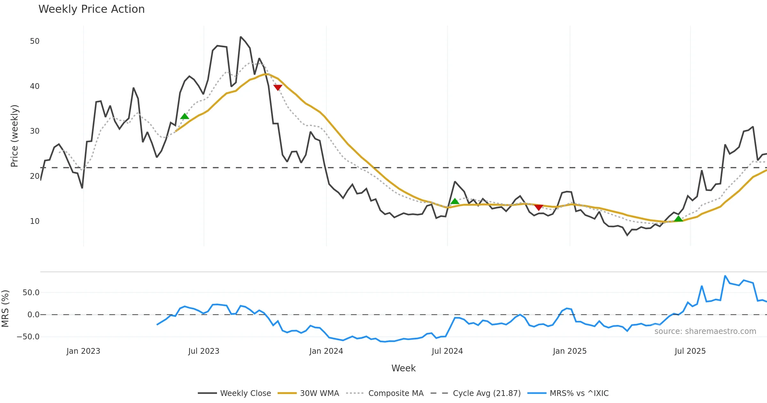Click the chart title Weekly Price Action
(91, 9)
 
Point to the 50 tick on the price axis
(35, 41)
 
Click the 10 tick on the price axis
(35, 221)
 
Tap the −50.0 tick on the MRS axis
(28, 337)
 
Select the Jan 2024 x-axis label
(326, 351)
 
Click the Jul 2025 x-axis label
(690, 351)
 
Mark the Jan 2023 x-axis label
(83, 351)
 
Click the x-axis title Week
(403, 368)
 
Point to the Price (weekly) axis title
(14, 136)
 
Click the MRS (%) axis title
(5, 309)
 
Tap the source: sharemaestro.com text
(705, 331)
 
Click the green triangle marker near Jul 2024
(454, 201)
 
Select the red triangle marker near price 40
(278, 87)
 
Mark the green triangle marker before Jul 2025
(678, 218)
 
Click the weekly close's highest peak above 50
(241, 37)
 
